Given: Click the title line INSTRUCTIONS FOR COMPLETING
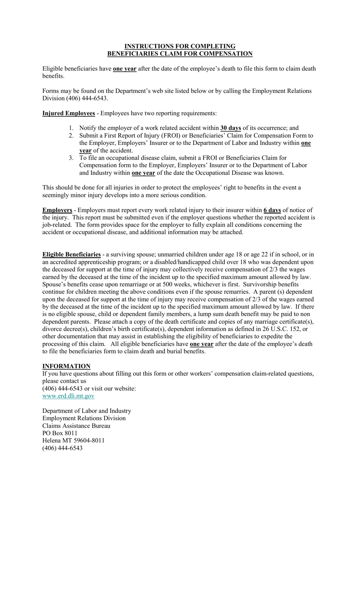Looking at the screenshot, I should [x=180, y=46].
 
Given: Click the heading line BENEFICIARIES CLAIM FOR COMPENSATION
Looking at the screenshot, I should [x=180, y=54].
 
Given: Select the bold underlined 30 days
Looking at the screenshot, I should [x=230, y=128].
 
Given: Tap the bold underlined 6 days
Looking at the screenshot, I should [x=272, y=210].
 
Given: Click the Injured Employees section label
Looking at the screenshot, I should [x=69, y=113].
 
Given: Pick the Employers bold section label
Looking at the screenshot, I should [x=57, y=210].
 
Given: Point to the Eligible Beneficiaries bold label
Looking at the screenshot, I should [x=72, y=254].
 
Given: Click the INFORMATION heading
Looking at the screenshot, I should [x=66, y=366].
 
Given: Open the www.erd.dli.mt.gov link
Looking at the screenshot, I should [x=68, y=396].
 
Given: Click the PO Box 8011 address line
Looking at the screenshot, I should [x=60, y=433].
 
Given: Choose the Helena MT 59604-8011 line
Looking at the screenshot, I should [x=74, y=441].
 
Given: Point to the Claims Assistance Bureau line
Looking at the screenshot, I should [x=76, y=426].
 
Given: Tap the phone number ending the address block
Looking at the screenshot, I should [x=62, y=448].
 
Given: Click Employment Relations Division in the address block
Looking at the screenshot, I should [x=84, y=418].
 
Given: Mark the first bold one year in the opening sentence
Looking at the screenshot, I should [x=125, y=69].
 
